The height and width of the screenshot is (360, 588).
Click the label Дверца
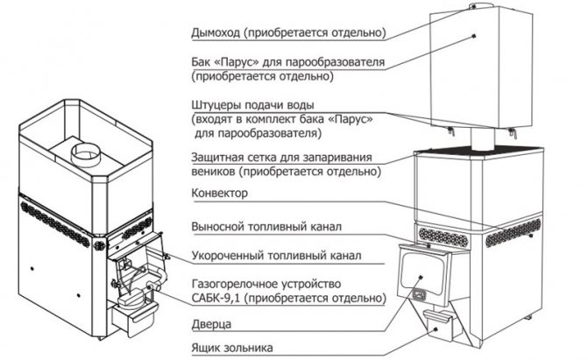click(x=211, y=323)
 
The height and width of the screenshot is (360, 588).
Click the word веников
click(x=213, y=173)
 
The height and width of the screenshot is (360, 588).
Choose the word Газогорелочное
click(x=234, y=285)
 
